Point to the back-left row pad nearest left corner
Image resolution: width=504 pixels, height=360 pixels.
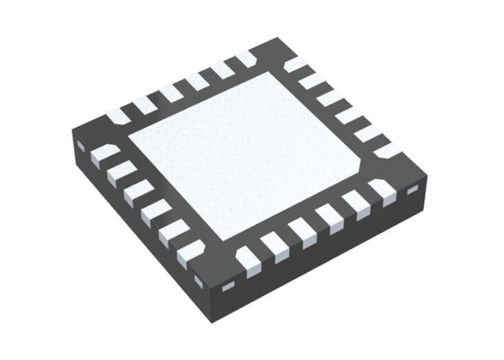click(118, 116)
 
